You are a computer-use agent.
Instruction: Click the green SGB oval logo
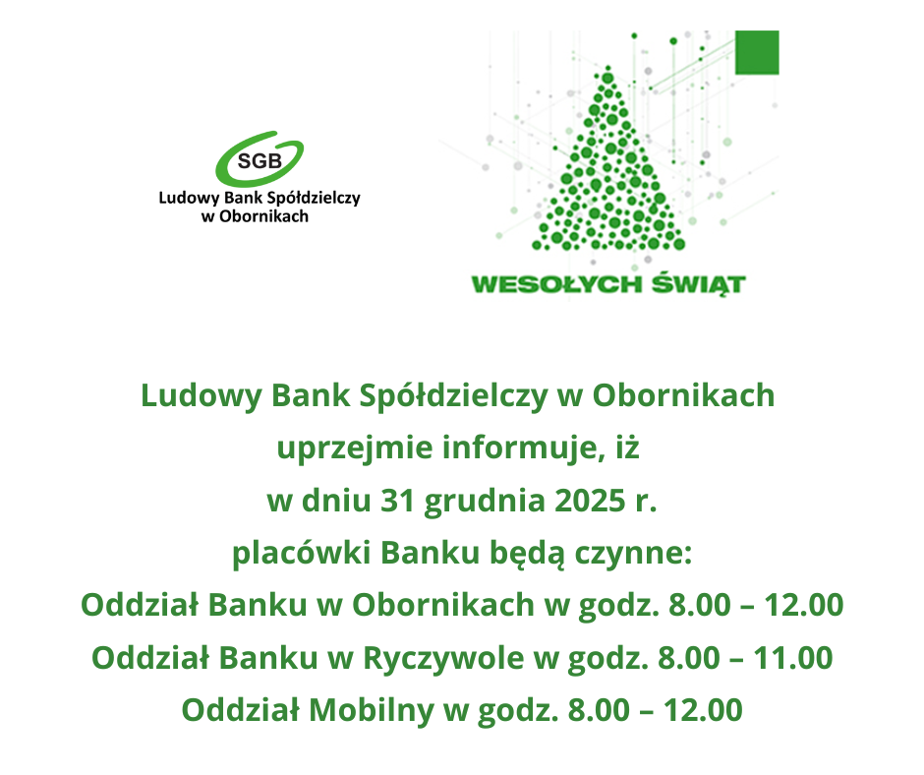[260, 158]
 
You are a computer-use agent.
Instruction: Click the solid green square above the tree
[757, 52]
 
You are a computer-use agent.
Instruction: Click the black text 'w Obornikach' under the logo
[255, 216]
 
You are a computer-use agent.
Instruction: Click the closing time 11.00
[792, 657]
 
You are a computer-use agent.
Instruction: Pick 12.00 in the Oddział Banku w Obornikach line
[803, 605]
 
